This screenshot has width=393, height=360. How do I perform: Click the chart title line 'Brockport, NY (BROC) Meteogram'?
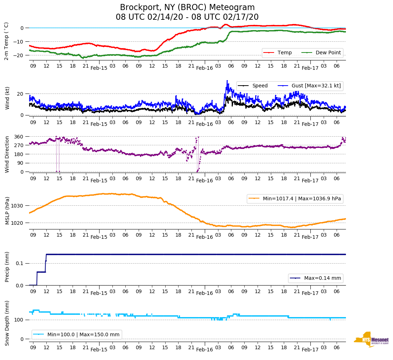187,7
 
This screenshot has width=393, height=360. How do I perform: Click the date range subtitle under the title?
187,17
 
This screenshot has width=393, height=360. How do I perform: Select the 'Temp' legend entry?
284,53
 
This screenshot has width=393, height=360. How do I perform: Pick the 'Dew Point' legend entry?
328,53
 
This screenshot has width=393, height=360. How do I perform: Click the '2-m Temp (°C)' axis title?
6,41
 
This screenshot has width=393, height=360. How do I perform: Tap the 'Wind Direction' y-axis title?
7,154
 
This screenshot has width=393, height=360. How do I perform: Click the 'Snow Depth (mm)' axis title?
7,323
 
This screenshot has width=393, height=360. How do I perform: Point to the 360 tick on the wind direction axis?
19,137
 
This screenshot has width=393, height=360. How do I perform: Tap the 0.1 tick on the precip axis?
20,263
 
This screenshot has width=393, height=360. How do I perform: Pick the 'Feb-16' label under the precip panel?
204,293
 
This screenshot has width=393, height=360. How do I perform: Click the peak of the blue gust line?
227,81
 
